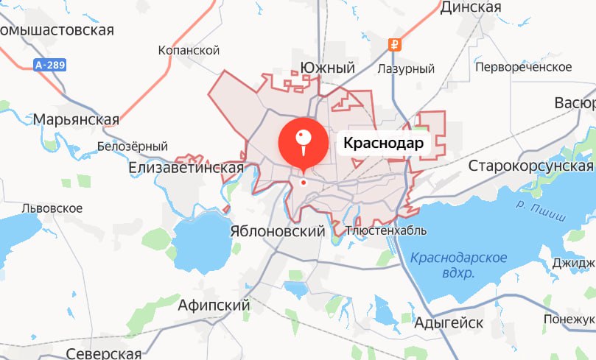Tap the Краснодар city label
383,144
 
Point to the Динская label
471,7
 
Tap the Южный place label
328,68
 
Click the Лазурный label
405,69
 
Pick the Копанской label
189,51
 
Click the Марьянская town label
76,119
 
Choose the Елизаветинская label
186,169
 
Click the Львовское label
52,208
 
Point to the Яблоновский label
277,231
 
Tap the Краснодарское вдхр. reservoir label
459,265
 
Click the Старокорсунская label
530,166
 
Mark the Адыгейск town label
449,322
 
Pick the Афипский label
214,305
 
